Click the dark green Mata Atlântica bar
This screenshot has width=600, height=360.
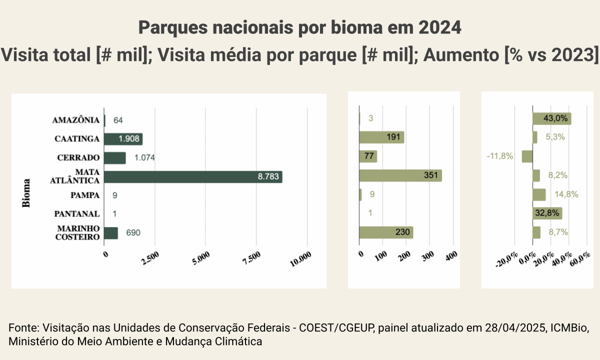coord(193,176)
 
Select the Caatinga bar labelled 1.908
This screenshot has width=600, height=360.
coord(123,139)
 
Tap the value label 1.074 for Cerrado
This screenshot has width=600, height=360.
coord(144,158)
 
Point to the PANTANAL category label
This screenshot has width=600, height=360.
coord(77,214)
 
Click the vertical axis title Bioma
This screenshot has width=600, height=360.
coord(26,192)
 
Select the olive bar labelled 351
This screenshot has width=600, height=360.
coord(400,175)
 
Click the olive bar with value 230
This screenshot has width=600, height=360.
coord(386,232)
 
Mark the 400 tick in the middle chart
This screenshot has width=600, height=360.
coord(451,256)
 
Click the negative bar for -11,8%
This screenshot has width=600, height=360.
coord(527,156)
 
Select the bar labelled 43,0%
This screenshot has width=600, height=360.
coord(551,118)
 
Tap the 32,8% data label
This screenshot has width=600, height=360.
coord(547,213)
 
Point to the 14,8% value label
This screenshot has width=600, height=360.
coord(566,194)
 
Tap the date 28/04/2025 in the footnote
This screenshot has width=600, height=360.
coord(516,328)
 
